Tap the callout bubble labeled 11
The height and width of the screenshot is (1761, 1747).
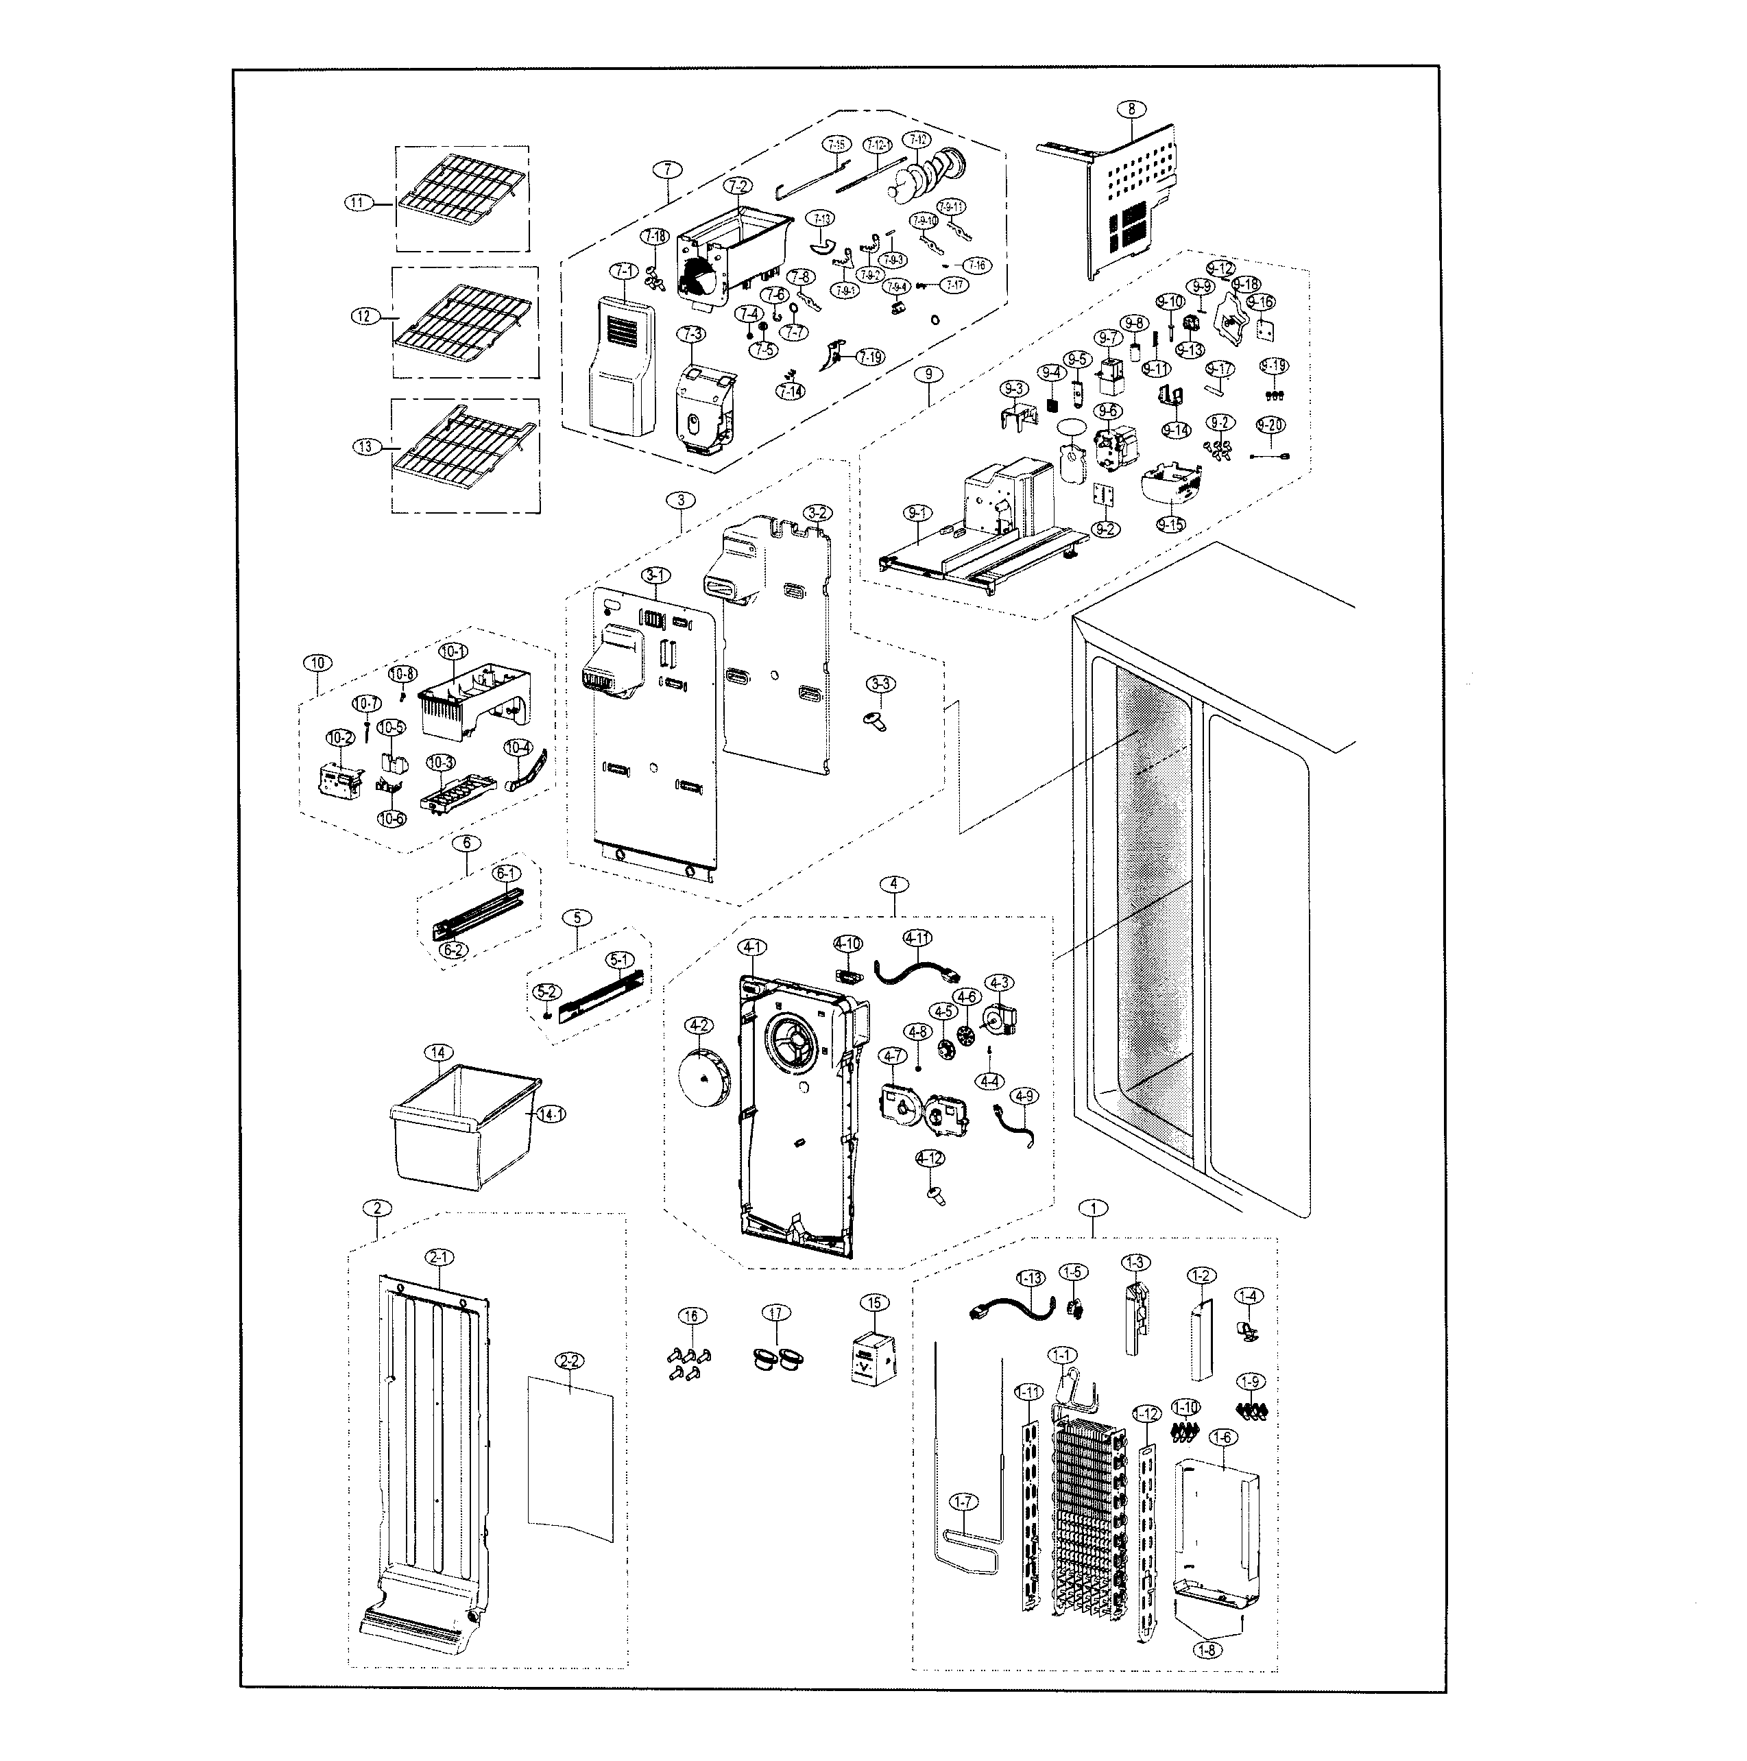click(358, 203)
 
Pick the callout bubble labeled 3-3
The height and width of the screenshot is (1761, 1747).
click(880, 684)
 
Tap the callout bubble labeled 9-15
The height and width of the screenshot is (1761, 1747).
click(1171, 524)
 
